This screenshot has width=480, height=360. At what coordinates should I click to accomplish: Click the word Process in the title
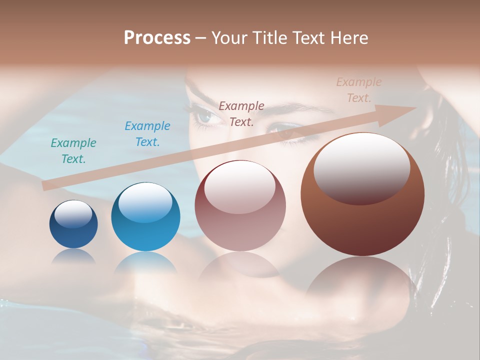[x=157, y=38]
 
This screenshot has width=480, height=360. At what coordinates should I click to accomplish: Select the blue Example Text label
[x=147, y=134]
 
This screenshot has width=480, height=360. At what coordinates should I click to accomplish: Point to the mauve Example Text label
[x=241, y=113]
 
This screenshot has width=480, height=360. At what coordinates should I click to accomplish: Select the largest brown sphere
[x=362, y=220]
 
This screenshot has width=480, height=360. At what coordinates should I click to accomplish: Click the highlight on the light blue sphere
[x=145, y=202]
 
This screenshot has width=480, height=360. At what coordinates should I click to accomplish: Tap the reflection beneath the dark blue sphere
[x=73, y=256]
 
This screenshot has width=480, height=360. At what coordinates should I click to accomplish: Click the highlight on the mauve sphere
[x=239, y=185]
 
